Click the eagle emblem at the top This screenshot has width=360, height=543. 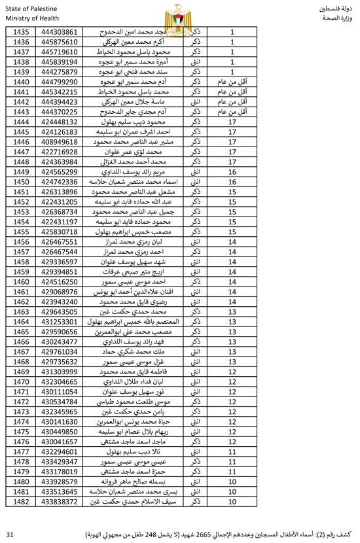(x=179, y=15)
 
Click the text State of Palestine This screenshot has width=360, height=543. (x=31, y=9)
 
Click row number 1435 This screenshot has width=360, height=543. (x=22, y=32)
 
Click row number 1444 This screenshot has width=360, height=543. (x=22, y=122)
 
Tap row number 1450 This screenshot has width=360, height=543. (x=22, y=181)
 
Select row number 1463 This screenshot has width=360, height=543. (x=22, y=311)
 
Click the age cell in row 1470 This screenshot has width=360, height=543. (x=232, y=381)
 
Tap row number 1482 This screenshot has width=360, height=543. (x=22, y=501)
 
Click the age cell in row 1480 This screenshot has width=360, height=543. (x=232, y=482)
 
